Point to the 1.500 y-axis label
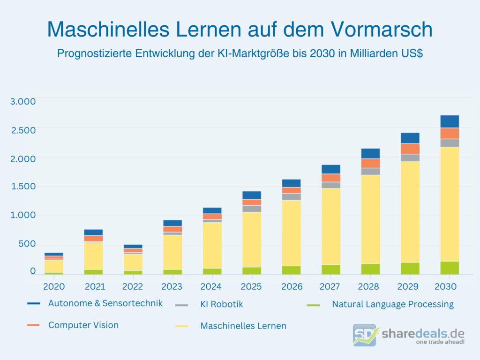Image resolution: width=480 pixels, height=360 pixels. [x=23, y=187]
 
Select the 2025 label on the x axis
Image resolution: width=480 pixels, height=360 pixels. [x=252, y=286]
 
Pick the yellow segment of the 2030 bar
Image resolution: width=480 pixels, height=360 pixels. [x=449, y=204]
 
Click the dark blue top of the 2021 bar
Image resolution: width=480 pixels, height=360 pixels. [x=93, y=232]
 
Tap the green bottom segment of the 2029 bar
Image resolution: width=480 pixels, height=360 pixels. [x=410, y=268]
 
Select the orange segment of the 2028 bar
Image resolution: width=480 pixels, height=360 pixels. [x=370, y=163]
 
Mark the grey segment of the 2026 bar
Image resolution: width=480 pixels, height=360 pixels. [x=291, y=197]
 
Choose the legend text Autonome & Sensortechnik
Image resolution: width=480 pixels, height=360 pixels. [x=105, y=303]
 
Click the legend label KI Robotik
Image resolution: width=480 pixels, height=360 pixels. [x=222, y=304]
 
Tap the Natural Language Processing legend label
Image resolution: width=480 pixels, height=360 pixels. [x=392, y=304]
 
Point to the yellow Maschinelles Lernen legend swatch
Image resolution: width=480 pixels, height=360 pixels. [x=181, y=326]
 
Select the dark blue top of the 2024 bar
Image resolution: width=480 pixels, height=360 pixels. [x=212, y=210]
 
